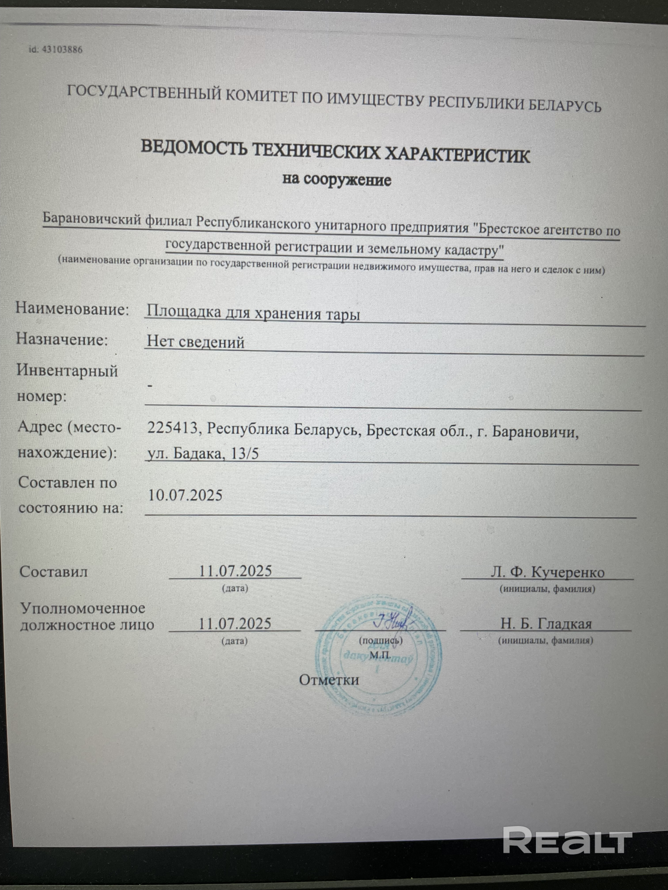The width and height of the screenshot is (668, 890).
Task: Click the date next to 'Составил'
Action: tap(235, 571)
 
